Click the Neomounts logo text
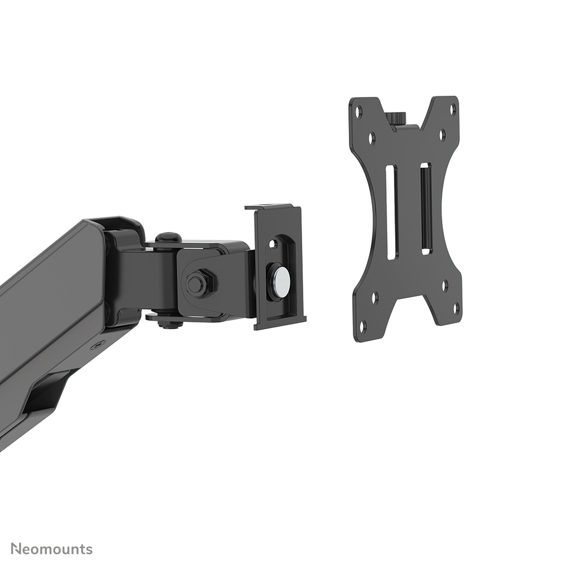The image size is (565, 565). pyautogui.click(x=52, y=549)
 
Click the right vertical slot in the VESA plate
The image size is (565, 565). pyautogui.click(x=426, y=208)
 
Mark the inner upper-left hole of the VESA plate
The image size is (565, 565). pyautogui.click(x=371, y=136)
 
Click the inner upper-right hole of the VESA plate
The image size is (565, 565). pyautogui.click(x=442, y=134)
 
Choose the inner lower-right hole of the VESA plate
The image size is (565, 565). pyautogui.click(x=445, y=285)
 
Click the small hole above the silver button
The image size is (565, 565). pyautogui.click(x=273, y=245)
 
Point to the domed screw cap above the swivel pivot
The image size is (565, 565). pyautogui.click(x=168, y=237)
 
